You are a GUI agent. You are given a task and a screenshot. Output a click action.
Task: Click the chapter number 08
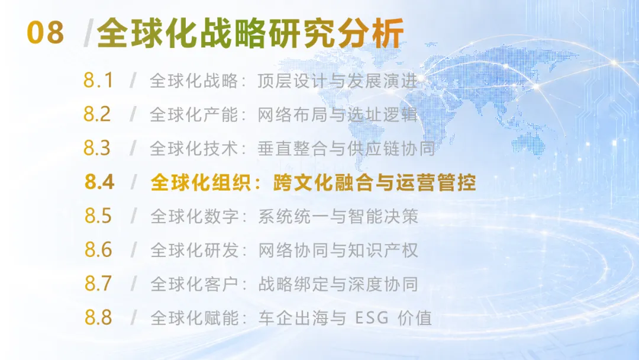click(x=45, y=33)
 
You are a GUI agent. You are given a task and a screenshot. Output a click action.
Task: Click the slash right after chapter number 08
click(x=88, y=33)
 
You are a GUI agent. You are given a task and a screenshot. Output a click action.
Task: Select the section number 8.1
click(x=98, y=81)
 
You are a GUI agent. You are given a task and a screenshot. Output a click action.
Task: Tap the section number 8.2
click(x=97, y=114)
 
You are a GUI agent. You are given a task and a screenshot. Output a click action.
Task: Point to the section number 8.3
click(x=97, y=148)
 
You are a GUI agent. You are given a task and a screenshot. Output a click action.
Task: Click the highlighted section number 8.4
click(x=99, y=182)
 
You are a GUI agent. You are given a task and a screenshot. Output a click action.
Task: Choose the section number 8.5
click(x=98, y=216)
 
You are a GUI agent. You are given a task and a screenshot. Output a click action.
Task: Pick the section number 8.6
click(x=98, y=249)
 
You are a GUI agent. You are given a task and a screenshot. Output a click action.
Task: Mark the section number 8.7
click(x=98, y=284)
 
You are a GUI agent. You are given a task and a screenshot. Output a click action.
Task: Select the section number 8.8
click(x=98, y=317)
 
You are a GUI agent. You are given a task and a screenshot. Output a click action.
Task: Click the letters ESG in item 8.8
click(x=372, y=317)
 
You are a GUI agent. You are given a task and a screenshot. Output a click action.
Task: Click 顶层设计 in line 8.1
click(x=293, y=81)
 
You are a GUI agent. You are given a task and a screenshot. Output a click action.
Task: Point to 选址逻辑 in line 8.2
click(x=382, y=114)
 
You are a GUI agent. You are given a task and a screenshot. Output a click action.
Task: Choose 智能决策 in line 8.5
click(x=383, y=216)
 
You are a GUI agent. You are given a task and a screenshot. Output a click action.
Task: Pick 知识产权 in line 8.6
click(x=383, y=250)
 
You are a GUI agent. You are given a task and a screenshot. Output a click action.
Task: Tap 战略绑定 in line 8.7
click(x=293, y=284)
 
